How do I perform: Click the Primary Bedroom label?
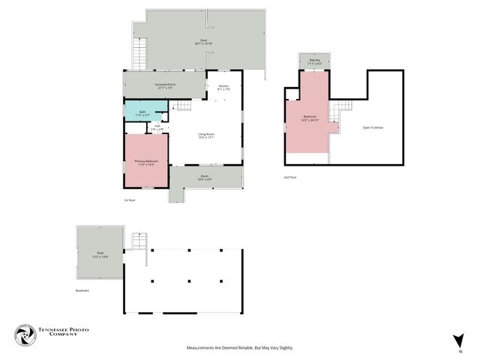[145, 163]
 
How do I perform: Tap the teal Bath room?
[142, 112]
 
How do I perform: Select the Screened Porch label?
[165, 85]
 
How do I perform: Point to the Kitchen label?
[223, 87]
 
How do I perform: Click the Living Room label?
[205, 136]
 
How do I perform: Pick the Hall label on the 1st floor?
[157, 127]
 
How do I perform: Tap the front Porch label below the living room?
[204, 178]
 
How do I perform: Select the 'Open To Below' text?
[373, 127]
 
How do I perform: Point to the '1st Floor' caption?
[130, 200]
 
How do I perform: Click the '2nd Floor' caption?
[290, 177]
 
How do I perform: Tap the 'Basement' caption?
[82, 290]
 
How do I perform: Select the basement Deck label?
[100, 254]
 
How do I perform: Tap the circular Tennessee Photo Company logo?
[26, 335]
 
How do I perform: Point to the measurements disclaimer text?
[240, 348]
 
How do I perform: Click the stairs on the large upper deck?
[139, 52]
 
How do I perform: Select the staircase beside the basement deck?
[138, 242]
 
